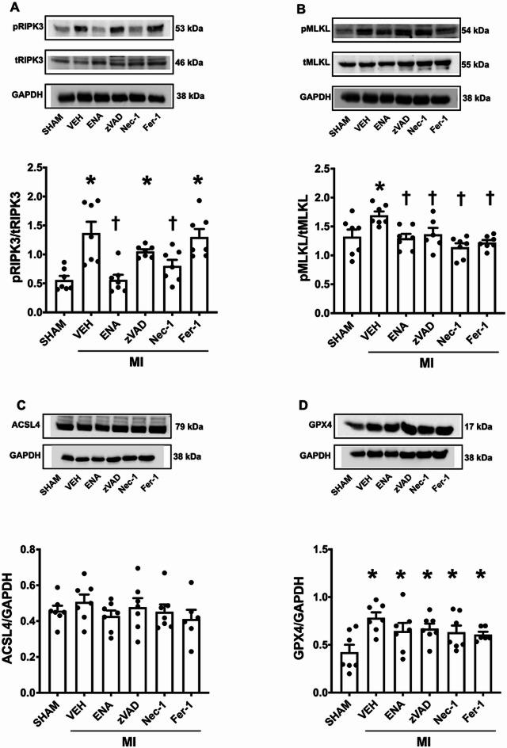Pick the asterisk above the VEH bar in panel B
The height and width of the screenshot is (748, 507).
pyautogui.click(x=380, y=188)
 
